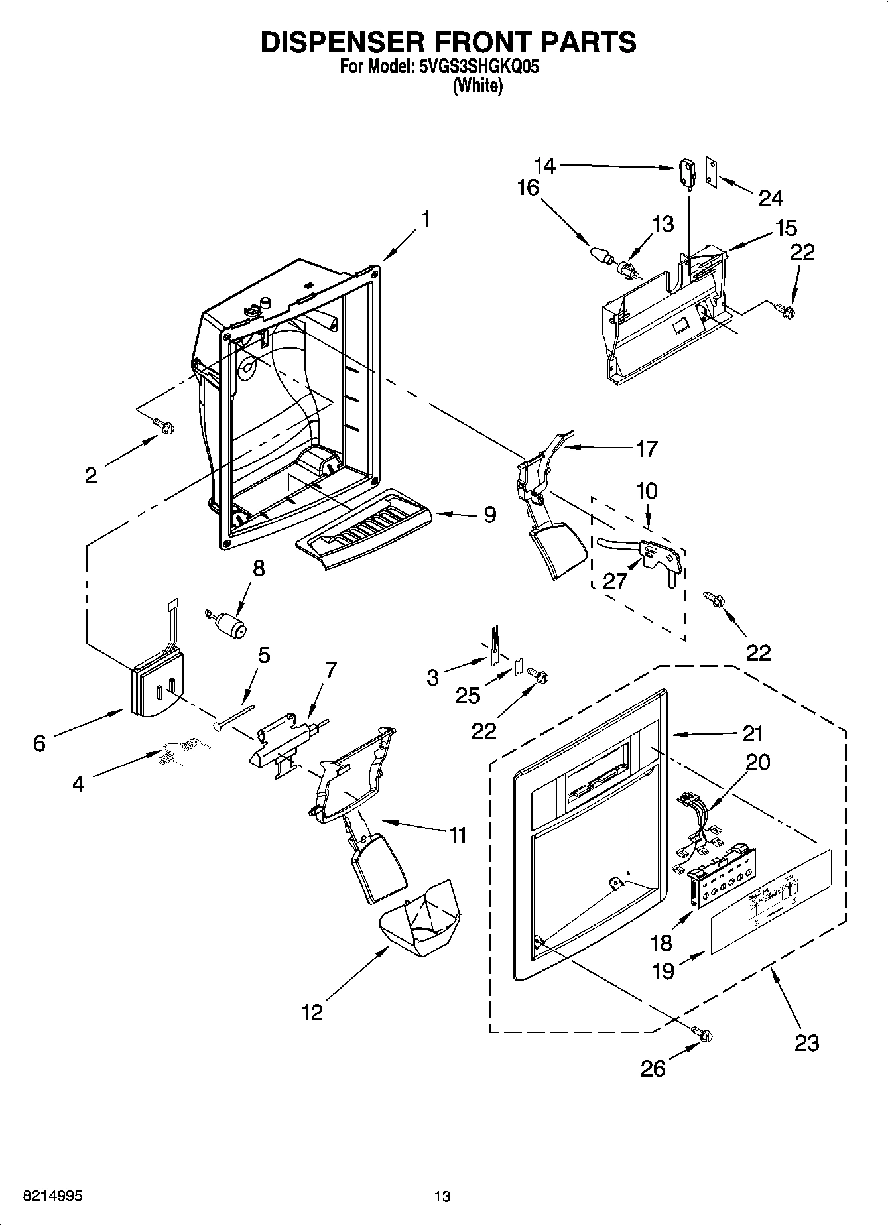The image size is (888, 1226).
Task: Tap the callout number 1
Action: (x=426, y=219)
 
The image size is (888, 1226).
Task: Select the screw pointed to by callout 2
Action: (x=163, y=426)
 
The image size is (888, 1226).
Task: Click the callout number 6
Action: (x=39, y=743)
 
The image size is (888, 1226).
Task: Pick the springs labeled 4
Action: (x=178, y=752)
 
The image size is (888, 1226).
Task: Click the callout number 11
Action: (x=458, y=835)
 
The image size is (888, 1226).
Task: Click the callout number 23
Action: (x=806, y=1043)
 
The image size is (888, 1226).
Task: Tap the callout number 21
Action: (x=753, y=733)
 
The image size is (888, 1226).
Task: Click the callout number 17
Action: (x=646, y=449)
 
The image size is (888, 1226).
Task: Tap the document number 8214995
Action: (x=44, y=1196)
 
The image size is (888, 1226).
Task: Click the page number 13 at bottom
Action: (x=442, y=1196)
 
